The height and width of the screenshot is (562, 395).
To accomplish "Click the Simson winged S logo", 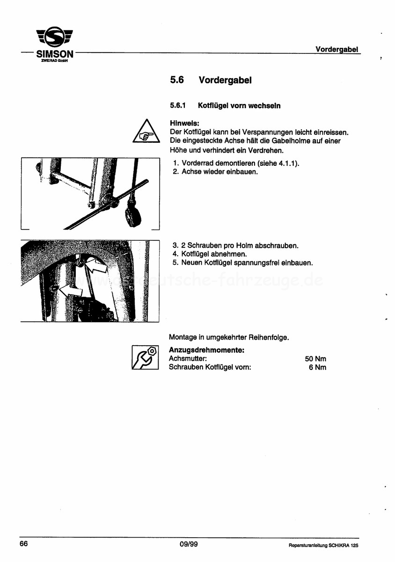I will [55, 37].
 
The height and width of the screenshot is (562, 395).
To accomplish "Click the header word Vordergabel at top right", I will [336, 49].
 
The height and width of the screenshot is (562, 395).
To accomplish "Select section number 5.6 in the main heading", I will [176, 80].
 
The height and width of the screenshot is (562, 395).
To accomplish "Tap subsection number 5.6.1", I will [178, 105].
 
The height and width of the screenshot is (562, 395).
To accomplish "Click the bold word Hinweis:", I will [184, 123].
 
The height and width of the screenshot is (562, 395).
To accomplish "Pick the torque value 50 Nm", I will [315, 359].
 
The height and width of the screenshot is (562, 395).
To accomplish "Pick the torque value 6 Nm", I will [317, 367].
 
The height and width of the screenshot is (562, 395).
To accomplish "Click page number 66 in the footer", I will [24, 544].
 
